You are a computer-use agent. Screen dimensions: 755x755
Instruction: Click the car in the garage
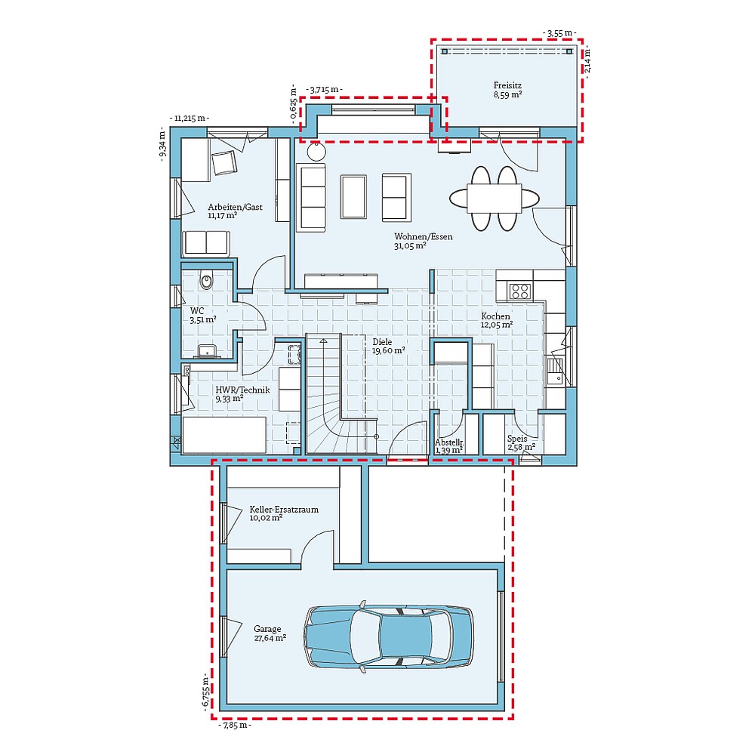pyautogui.click(x=389, y=636)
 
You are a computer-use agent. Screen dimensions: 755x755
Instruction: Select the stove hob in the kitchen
pyautogui.click(x=519, y=291)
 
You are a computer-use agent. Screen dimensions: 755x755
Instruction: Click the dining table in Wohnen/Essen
pyautogui.click(x=495, y=198)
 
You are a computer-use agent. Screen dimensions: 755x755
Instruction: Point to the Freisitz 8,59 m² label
pyautogui.click(x=507, y=91)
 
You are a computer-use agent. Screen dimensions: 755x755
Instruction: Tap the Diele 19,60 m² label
pyautogui.click(x=388, y=346)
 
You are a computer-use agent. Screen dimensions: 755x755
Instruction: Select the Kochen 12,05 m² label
pyautogui.click(x=496, y=321)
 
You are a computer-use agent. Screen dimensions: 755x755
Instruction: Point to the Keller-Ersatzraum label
pyautogui.click(x=283, y=513)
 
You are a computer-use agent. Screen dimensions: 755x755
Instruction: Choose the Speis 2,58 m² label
pyautogui.click(x=521, y=443)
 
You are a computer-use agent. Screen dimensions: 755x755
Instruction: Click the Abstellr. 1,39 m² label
pyautogui.click(x=448, y=446)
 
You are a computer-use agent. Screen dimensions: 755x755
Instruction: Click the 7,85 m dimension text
pyautogui.click(x=234, y=726)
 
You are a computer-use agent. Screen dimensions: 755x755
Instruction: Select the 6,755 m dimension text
pyautogui.click(x=205, y=691)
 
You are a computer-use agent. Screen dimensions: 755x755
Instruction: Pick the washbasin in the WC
pyautogui.click(x=206, y=350)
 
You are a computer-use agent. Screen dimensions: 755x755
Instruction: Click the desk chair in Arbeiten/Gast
pyautogui.click(x=224, y=162)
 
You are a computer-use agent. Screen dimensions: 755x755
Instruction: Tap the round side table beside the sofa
pyautogui.click(x=316, y=152)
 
